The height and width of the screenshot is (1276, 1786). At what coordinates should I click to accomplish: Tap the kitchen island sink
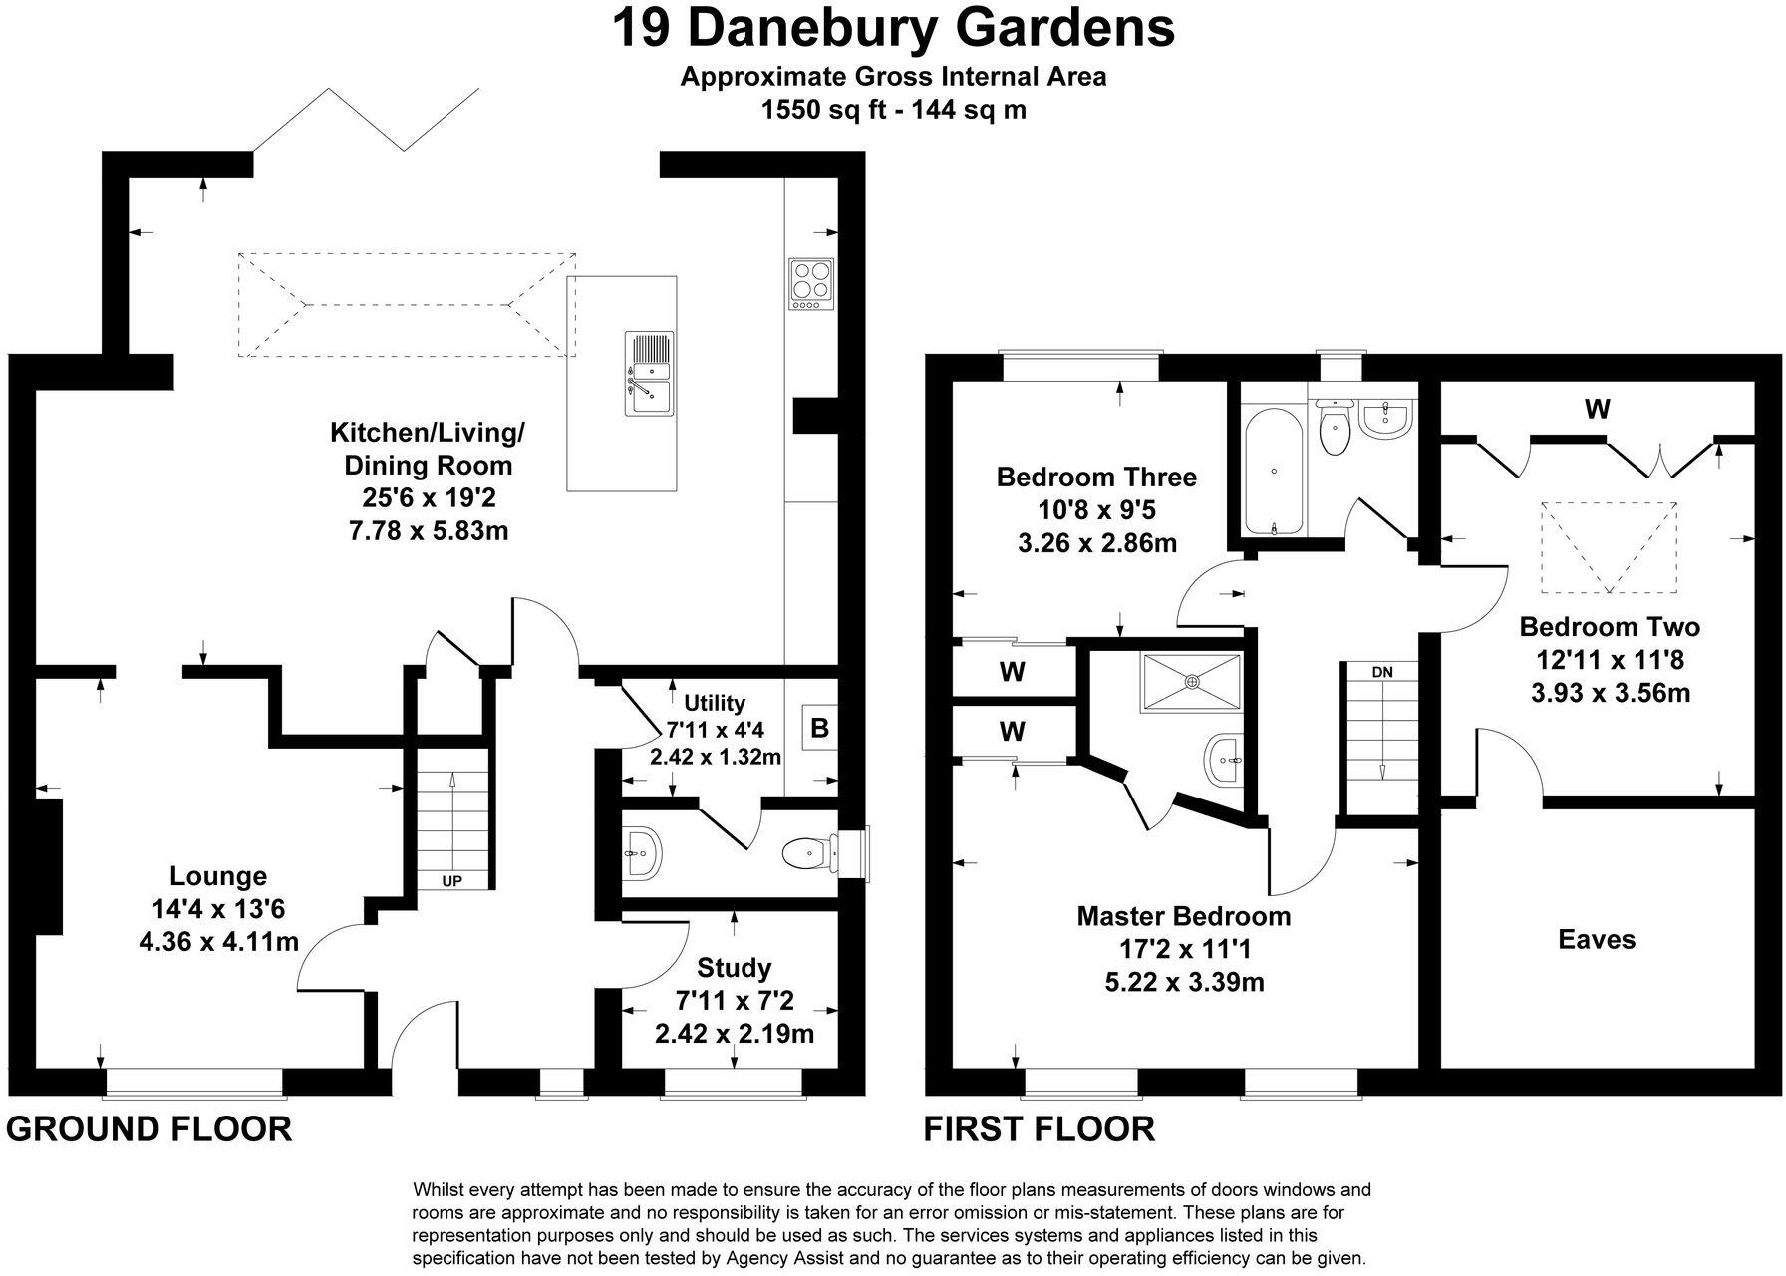click(x=649, y=373)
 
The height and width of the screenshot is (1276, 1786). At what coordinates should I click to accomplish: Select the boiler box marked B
click(x=819, y=729)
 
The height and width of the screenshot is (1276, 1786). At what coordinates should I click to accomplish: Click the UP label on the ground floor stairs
click(x=451, y=881)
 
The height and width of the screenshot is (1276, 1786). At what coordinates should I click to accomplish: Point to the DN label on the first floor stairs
click(x=1381, y=672)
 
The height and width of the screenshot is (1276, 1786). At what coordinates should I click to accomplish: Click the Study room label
click(x=735, y=967)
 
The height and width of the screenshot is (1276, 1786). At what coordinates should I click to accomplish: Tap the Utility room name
click(x=715, y=703)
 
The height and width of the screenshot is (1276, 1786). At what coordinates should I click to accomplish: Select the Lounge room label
click(x=218, y=876)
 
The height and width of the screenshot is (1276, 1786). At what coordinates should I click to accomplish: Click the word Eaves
click(x=1597, y=939)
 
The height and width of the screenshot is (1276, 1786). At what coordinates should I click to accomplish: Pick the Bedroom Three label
click(x=1096, y=477)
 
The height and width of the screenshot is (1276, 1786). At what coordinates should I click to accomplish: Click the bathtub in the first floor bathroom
click(x=1272, y=471)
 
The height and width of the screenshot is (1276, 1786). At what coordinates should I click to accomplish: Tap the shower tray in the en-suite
click(x=1192, y=682)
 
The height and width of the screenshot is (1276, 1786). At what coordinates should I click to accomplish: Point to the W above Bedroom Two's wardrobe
click(x=1597, y=409)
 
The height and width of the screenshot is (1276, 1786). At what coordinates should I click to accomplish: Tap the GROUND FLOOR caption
click(x=149, y=1129)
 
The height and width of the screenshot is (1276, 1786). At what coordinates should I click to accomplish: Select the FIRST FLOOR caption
click(x=1040, y=1129)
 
